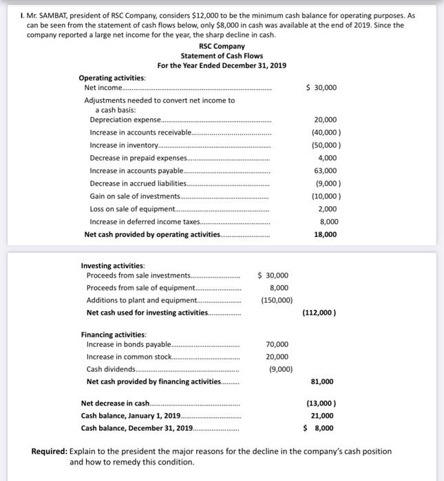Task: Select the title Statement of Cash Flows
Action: click(222, 56)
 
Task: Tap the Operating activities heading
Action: click(107, 78)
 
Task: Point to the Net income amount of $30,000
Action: click(322, 88)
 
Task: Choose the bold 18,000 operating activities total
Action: click(325, 234)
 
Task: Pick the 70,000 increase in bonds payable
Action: click(277, 344)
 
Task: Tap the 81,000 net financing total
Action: click(322, 381)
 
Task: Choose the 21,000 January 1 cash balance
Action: click(322, 416)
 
